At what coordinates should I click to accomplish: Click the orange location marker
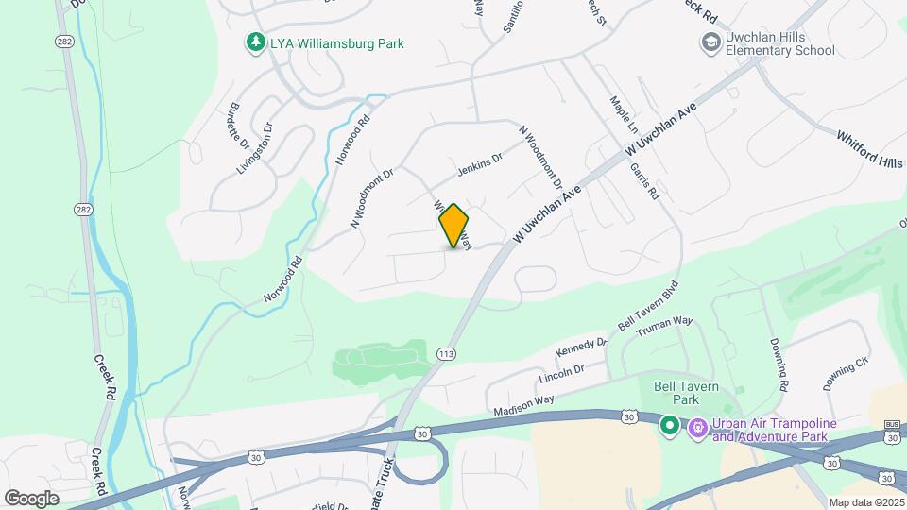pos(453,226)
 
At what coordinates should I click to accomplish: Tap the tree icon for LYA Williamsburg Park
pos(254,42)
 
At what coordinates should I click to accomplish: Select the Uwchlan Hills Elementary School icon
pos(710,42)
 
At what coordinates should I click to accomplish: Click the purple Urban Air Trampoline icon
pos(698,428)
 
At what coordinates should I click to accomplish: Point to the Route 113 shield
pos(447,353)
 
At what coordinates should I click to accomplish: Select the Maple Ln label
pos(625,114)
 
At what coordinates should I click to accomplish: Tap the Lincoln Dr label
pos(561,373)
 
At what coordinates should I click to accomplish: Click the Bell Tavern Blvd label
pos(648,305)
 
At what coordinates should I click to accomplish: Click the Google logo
pos(31,498)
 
